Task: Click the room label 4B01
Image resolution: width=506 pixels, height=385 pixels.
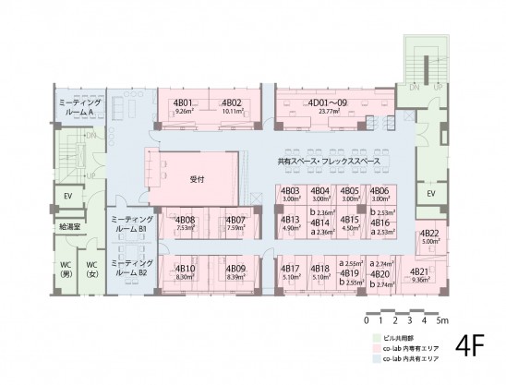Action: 182,102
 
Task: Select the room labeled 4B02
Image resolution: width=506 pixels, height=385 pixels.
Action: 232,102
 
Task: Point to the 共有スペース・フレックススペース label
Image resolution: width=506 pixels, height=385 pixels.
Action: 328,162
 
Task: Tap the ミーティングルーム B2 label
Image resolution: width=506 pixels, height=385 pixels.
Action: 127,268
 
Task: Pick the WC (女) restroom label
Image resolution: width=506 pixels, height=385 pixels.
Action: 92,268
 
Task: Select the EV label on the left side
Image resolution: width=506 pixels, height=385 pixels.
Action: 68,196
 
